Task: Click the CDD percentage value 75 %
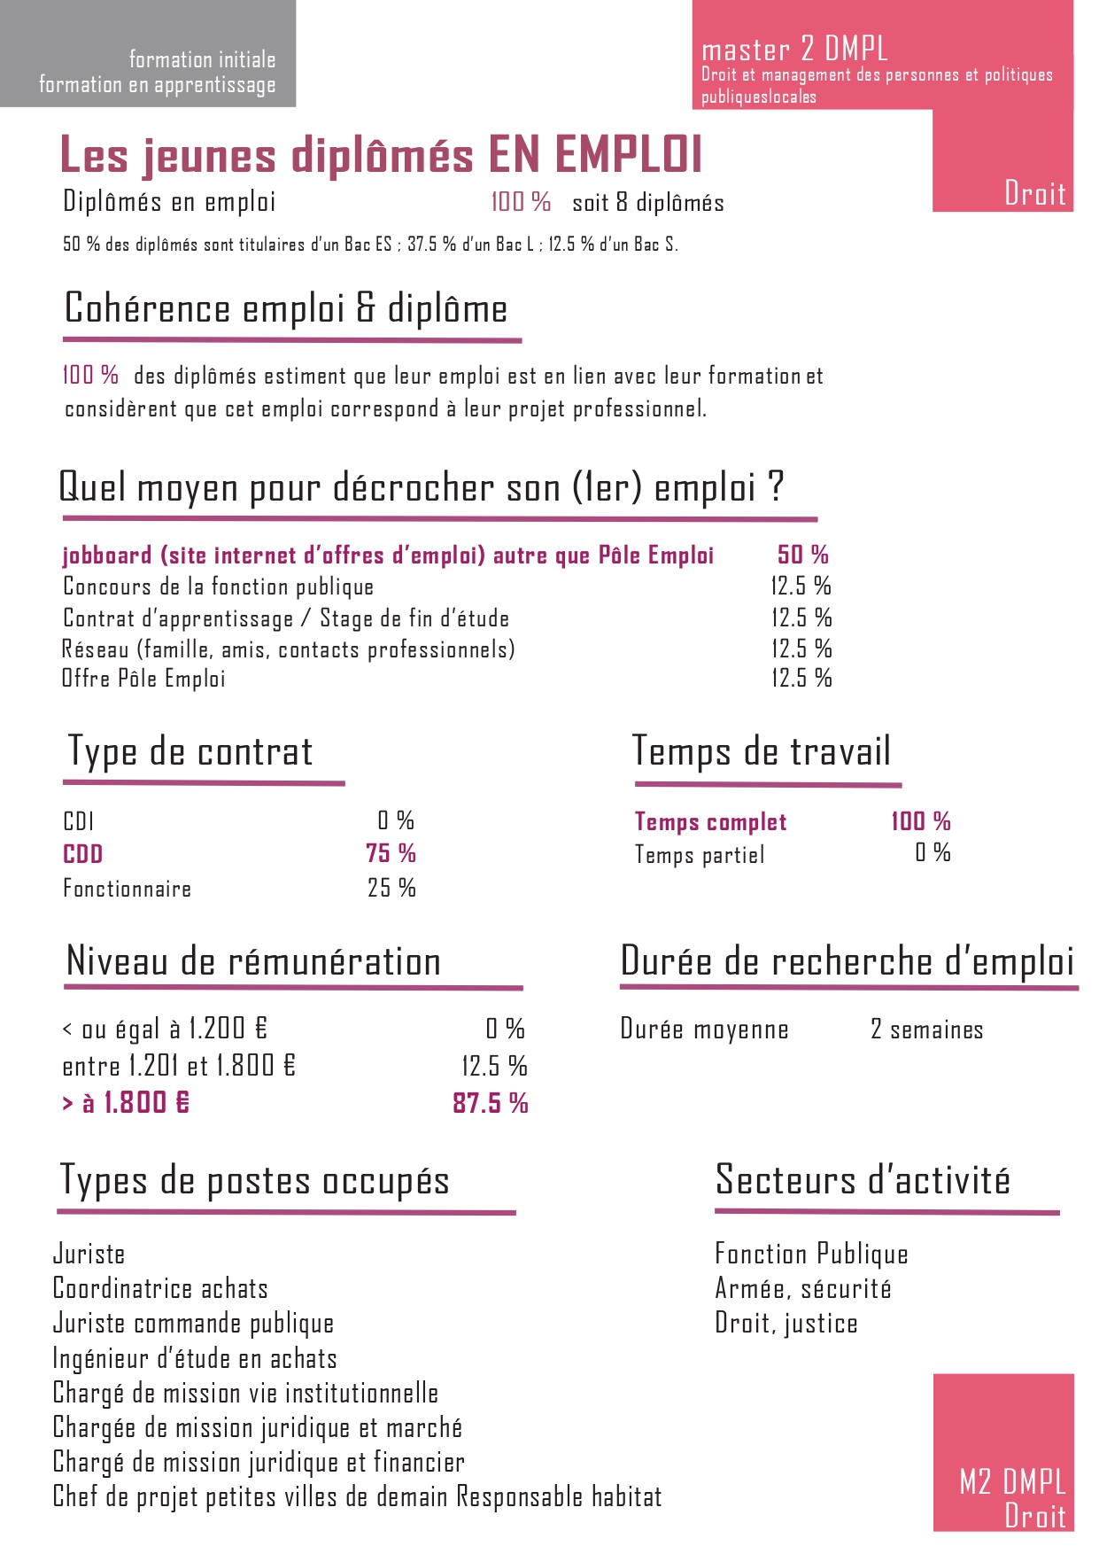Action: (x=391, y=853)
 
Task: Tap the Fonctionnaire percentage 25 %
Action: (x=391, y=888)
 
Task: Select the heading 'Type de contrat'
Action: (x=190, y=752)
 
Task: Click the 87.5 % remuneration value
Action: (x=490, y=1103)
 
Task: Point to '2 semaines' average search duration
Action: (x=926, y=1030)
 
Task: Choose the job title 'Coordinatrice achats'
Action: (x=160, y=1288)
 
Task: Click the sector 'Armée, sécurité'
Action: (x=803, y=1288)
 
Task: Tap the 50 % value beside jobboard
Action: (x=802, y=555)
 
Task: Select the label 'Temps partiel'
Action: (x=700, y=855)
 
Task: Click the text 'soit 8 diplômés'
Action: (x=648, y=203)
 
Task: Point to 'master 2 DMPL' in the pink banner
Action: (x=794, y=49)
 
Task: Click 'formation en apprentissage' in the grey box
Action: (x=158, y=85)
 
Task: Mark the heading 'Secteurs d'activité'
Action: (x=863, y=1180)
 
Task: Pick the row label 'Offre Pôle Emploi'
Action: (x=143, y=679)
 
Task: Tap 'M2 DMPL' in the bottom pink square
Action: (x=1012, y=1480)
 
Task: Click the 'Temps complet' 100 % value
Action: (x=920, y=821)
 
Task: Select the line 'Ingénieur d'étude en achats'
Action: (x=195, y=1358)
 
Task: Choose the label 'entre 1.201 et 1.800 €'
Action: (x=179, y=1066)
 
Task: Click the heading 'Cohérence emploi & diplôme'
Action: (x=286, y=309)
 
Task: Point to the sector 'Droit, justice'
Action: (x=786, y=1323)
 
